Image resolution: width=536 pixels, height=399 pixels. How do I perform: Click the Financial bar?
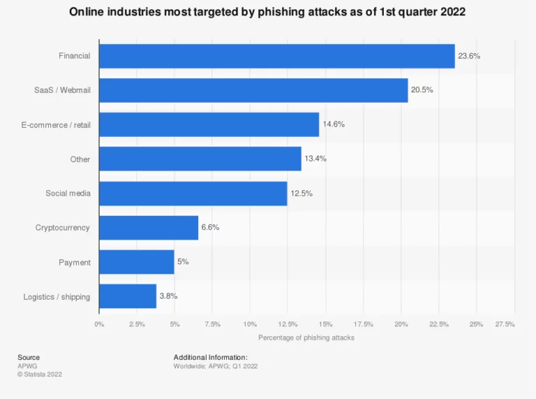276,56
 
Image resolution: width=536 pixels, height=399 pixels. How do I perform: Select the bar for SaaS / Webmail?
253,90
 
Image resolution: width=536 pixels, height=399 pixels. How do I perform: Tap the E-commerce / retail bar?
209,124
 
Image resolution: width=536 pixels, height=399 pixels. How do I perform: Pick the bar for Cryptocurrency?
149,228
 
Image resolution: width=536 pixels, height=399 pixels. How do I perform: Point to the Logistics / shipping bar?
128,296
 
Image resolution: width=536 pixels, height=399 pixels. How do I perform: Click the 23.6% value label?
470,56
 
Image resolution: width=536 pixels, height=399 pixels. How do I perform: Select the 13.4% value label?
315,159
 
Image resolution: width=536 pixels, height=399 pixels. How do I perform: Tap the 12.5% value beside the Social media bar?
301,193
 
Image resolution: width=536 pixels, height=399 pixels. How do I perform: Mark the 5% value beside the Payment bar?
183,261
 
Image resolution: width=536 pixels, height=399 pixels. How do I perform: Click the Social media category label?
68,193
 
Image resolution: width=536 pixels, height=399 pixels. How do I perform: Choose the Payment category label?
75,262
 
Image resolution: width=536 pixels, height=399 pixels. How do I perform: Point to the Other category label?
80,159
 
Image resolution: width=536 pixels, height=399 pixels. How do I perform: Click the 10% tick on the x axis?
250,324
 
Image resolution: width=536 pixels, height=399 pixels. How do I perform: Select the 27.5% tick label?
505,324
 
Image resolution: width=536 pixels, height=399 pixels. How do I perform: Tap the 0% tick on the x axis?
99,324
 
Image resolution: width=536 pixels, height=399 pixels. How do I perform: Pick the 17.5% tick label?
363,324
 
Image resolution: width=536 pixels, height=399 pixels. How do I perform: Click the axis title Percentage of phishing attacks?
306,338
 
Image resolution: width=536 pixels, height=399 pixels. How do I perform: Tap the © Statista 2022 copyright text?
40,374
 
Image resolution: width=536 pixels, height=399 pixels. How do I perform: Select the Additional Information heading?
210,357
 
